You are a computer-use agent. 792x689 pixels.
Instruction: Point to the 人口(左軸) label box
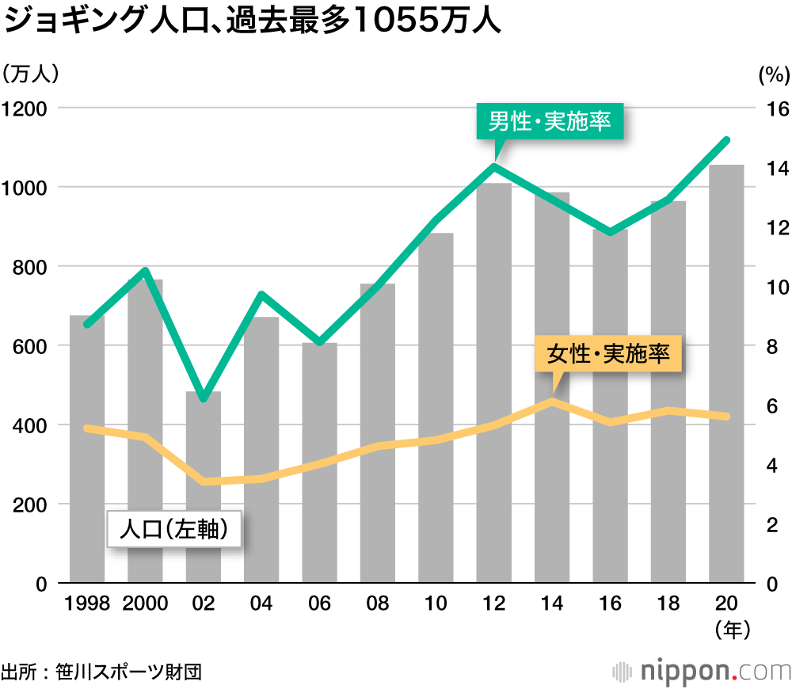coord(174,529)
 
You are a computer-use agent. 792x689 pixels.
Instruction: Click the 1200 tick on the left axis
coord(25,108)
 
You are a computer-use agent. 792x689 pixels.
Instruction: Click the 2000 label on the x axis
coord(145,604)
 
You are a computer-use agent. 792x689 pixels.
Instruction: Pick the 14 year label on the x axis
coord(552,604)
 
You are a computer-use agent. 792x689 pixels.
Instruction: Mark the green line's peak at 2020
coord(726,140)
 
